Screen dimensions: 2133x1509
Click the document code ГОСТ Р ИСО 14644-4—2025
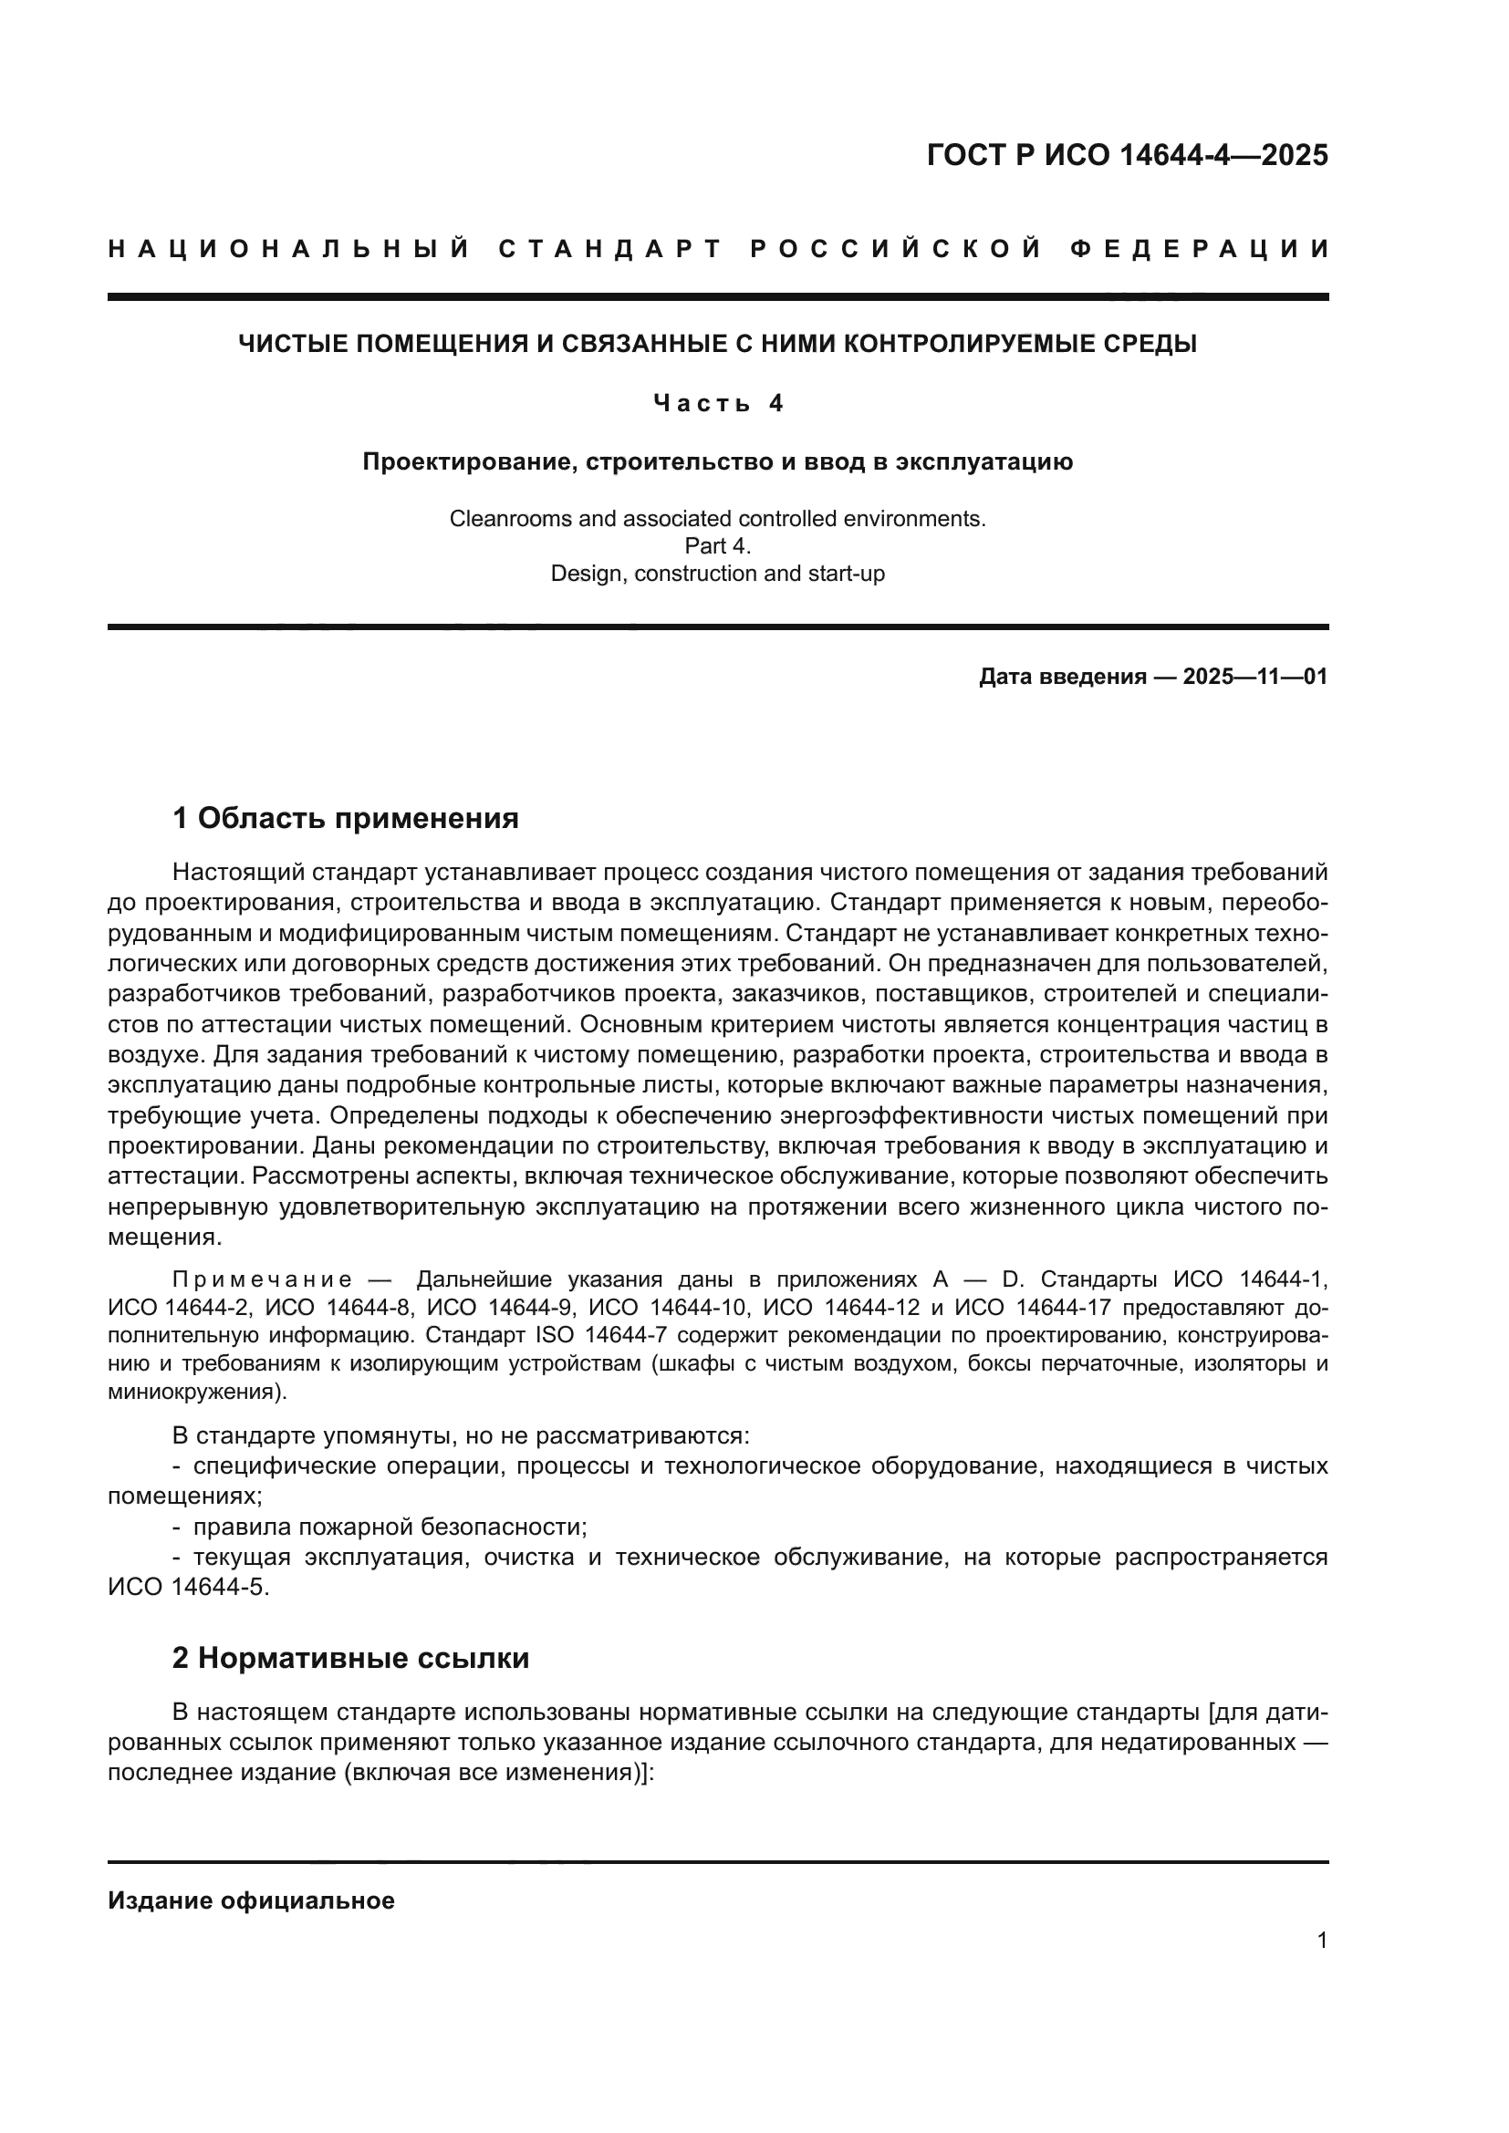1127,155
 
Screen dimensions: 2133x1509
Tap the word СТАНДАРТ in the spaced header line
610,249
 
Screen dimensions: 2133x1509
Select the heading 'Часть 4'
718,403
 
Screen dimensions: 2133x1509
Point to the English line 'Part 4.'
717,546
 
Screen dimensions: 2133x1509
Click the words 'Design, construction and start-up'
717,574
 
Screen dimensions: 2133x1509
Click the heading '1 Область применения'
345,818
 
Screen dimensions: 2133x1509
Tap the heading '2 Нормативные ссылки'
350,1658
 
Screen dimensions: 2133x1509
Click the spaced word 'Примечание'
262,1280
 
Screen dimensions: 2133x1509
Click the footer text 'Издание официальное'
251,1900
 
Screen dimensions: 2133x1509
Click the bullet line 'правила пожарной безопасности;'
390,1527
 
